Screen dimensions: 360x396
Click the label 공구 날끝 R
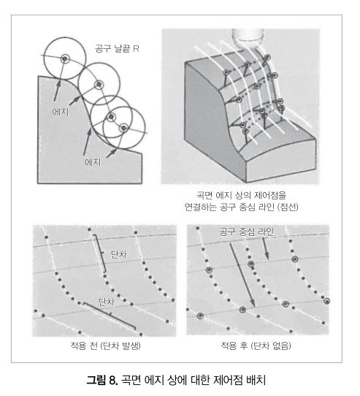click(117, 48)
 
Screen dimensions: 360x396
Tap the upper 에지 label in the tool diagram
click(61, 111)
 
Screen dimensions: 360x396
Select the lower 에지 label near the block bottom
click(93, 162)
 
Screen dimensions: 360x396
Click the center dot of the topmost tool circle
click(65, 59)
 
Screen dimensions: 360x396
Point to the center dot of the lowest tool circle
click(123, 128)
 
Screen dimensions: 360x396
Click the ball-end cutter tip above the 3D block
click(248, 37)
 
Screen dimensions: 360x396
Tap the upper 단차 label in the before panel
click(119, 254)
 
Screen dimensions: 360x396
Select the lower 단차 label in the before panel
click(107, 302)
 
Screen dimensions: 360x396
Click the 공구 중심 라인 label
click(247, 232)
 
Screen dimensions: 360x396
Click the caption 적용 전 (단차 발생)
click(106, 346)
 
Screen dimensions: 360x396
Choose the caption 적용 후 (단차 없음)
click(256, 346)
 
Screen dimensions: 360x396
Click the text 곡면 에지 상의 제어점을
click(242, 195)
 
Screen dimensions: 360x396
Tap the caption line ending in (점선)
click(242, 207)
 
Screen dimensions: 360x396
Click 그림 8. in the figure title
click(102, 380)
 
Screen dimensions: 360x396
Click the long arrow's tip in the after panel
click(253, 306)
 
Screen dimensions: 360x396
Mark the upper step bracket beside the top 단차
click(100, 254)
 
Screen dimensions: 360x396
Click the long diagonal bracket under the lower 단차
click(110, 316)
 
